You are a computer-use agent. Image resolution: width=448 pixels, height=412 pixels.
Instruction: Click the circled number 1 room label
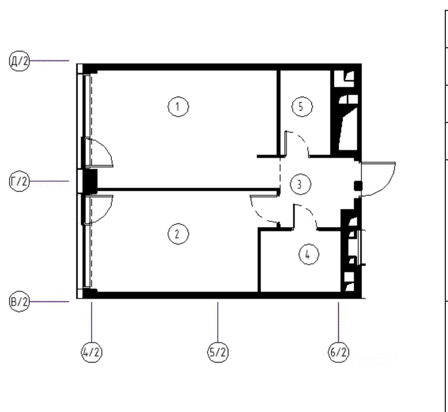[178, 107]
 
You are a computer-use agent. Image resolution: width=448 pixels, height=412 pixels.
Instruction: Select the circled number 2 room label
[178, 234]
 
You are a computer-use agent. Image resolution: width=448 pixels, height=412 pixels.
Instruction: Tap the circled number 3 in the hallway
[299, 184]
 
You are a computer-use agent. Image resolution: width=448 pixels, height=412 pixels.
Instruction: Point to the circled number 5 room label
[302, 107]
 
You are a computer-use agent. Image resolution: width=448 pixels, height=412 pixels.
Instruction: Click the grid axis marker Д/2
[19, 61]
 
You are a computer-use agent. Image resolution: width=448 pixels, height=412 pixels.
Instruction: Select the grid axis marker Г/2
[19, 182]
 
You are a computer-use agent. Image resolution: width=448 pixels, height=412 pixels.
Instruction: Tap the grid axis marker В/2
[19, 302]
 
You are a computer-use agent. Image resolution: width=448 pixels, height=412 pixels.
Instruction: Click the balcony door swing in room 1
[101, 152]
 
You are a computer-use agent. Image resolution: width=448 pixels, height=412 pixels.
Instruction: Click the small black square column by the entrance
[358, 186]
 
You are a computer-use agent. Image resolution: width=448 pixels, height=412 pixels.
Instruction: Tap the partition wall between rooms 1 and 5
[279, 112]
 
